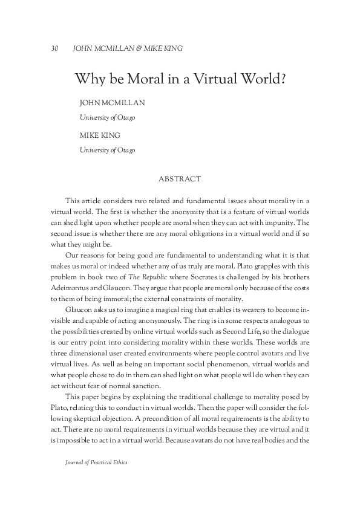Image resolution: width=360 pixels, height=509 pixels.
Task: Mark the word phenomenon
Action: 225,365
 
